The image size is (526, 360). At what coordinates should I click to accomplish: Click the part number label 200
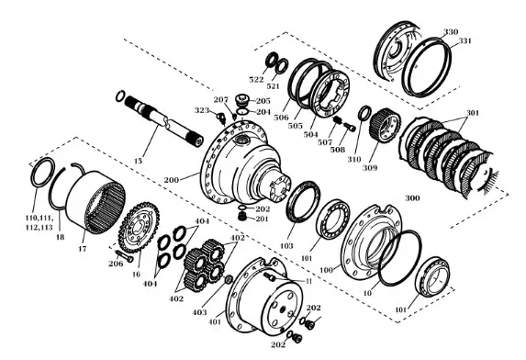pos(171,180)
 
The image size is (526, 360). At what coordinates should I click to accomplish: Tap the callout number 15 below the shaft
pos(138,161)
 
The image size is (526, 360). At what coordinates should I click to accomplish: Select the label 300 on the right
pos(412,198)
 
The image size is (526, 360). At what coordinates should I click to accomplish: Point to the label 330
pos(451,32)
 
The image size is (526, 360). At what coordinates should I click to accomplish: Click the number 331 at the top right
pos(464,41)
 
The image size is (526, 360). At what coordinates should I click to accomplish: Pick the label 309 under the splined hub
pos(370,168)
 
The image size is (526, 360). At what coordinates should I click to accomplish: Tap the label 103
pos(286,246)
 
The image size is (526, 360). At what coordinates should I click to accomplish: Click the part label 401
pos(215,322)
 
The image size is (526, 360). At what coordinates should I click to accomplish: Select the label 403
pos(199,312)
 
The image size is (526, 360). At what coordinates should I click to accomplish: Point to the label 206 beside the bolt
pos(116,264)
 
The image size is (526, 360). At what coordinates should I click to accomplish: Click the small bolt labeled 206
pos(124,255)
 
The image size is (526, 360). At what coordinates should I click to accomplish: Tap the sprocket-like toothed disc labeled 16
pos(139,227)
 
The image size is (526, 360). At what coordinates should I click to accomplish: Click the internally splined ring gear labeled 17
pos(96,201)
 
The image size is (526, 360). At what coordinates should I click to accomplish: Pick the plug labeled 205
pos(241,100)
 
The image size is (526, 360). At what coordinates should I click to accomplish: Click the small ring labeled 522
pos(271,60)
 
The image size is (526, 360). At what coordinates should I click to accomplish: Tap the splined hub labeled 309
pos(386,127)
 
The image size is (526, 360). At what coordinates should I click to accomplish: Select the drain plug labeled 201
pos(241,217)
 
